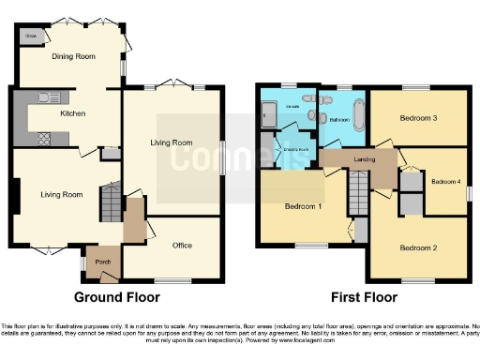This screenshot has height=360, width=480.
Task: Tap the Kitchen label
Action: [x=73, y=113]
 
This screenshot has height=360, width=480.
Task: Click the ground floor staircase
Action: [x=112, y=202]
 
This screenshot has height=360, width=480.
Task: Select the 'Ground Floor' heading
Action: [x=116, y=297]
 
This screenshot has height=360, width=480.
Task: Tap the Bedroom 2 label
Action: [x=418, y=247]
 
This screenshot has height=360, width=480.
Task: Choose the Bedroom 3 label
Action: [x=418, y=118]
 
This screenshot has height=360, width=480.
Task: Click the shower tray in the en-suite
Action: [x=270, y=116]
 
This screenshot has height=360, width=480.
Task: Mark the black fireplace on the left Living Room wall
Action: [x=16, y=195]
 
